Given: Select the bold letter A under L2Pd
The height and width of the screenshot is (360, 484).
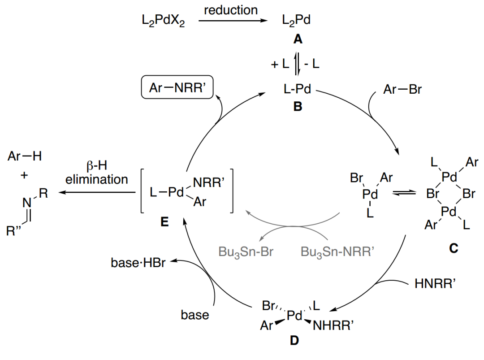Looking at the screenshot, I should click(298, 40).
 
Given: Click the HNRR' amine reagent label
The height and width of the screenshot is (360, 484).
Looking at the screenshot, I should click(432, 283).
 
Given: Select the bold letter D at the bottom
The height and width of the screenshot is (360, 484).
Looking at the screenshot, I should click(294, 341).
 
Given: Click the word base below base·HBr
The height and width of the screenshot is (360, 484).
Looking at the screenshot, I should click(195, 315).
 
